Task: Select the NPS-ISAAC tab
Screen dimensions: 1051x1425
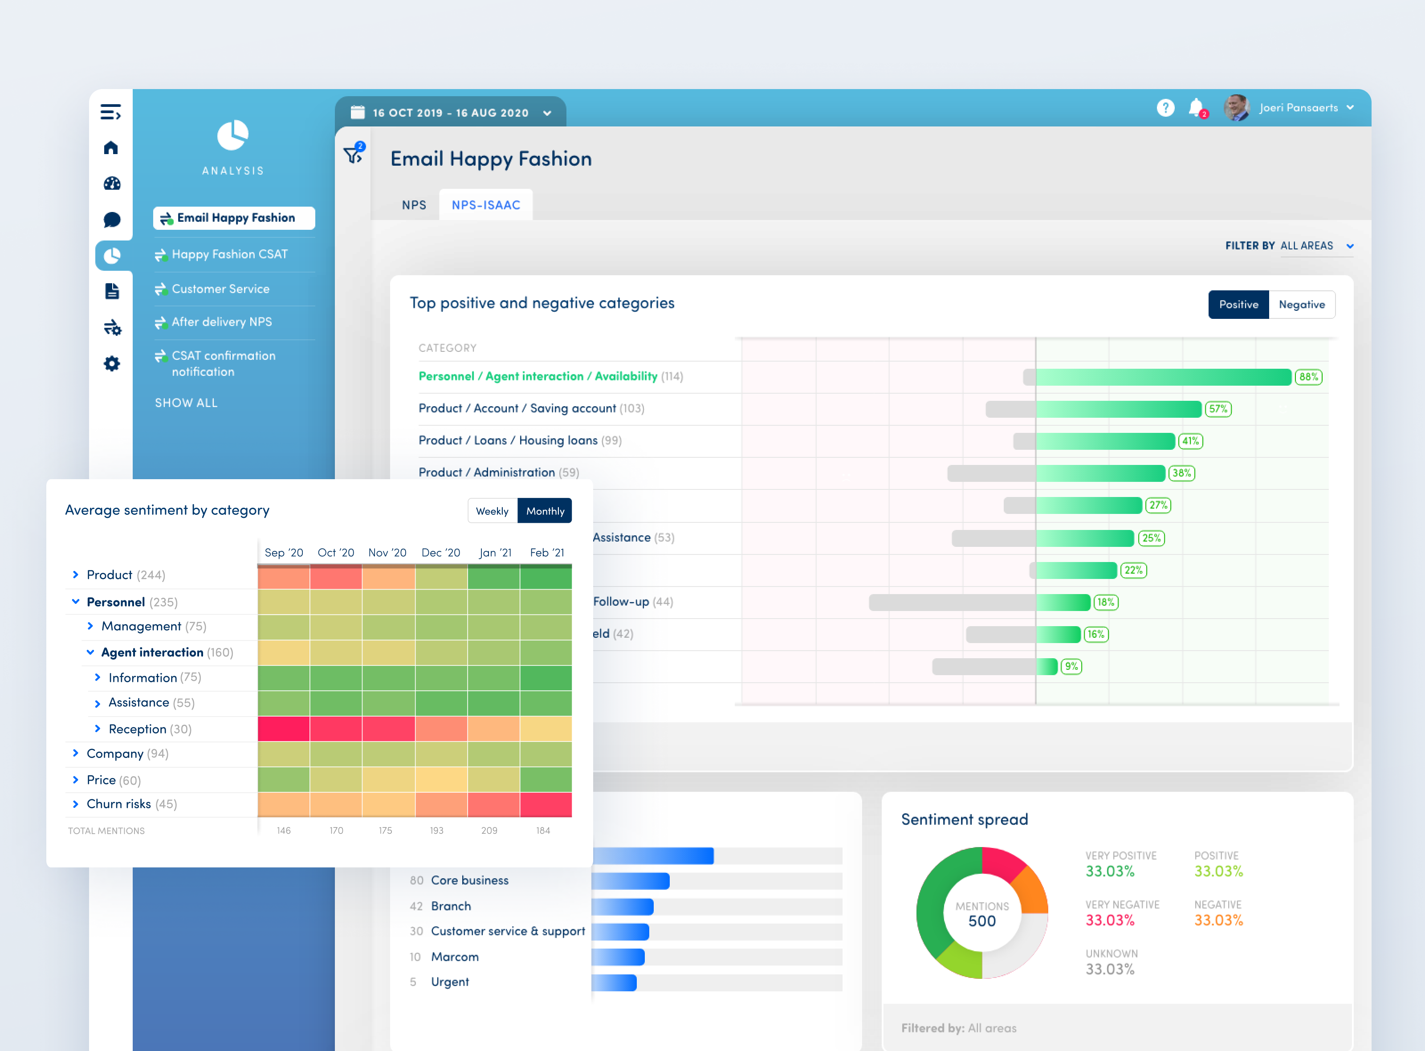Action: click(x=485, y=205)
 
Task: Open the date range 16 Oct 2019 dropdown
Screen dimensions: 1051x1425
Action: click(x=450, y=113)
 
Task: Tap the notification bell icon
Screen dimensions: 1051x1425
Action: click(x=1195, y=107)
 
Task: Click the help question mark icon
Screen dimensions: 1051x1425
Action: click(x=1165, y=107)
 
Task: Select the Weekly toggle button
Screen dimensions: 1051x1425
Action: click(x=492, y=511)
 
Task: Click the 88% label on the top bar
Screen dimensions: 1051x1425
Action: click(x=1309, y=377)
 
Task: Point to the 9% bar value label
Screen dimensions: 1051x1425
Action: click(x=1071, y=666)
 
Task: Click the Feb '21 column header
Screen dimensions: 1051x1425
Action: click(x=546, y=552)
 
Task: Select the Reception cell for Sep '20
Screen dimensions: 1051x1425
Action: click(x=284, y=729)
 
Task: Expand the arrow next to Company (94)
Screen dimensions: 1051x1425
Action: click(x=76, y=753)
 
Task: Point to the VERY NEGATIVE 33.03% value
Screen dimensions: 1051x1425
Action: click(x=1109, y=920)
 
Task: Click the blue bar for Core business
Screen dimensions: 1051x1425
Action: click(x=630, y=880)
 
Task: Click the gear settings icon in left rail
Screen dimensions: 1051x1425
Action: click(x=112, y=364)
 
